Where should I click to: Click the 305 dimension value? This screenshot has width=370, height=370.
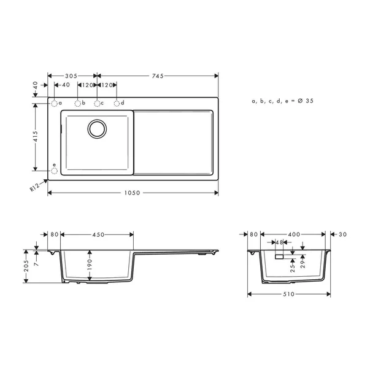72,75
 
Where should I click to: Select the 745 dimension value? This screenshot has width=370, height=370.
156,75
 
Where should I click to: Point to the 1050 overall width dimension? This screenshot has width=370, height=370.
133,193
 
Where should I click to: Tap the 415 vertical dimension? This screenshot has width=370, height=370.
36,137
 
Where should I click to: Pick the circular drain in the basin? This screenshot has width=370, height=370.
97,128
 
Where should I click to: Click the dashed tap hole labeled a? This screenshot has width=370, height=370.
54,103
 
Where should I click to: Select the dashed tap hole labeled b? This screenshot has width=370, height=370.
78,103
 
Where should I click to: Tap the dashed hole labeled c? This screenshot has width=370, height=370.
97,103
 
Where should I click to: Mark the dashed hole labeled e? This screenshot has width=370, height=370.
54,171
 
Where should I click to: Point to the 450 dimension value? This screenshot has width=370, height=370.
97,234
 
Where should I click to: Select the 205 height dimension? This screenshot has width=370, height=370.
26,266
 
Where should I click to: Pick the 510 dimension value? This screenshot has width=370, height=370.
290,295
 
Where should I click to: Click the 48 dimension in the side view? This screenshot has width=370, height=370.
279,242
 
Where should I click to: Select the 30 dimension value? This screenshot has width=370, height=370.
342,234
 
